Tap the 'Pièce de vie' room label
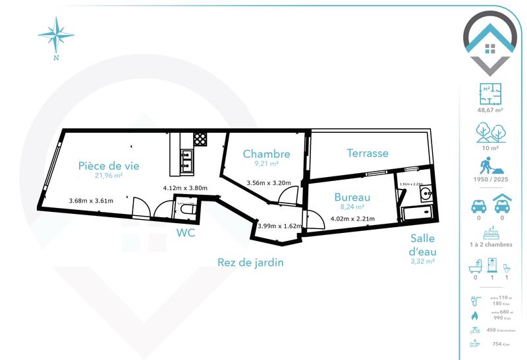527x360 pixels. tap(109, 165)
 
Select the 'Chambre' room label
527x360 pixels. tap(266, 154)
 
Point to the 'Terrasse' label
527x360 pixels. tap(368, 153)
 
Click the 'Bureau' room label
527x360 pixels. tap(352, 197)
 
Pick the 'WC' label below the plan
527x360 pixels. tap(186, 232)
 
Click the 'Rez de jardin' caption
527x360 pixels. tap(250, 263)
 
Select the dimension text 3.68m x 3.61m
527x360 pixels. tap(91, 201)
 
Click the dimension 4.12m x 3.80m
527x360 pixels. tap(185, 188)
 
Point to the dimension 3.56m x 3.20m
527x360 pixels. tap(268, 184)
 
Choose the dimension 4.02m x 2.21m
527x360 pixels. tap(352, 219)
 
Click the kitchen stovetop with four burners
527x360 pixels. tap(199, 139)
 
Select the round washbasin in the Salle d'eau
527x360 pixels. tap(424, 193)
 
